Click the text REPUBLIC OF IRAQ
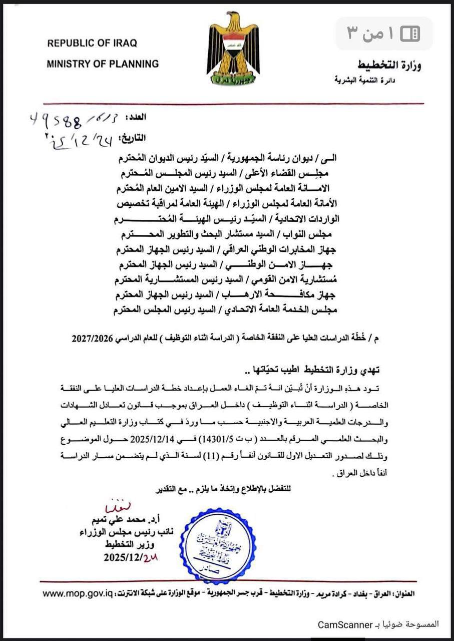pos(92,44)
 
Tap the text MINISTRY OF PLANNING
pos(103,64)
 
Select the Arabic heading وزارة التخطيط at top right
pos(389,66)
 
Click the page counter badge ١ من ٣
pos(384,34)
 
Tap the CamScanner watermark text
pos(345,624)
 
